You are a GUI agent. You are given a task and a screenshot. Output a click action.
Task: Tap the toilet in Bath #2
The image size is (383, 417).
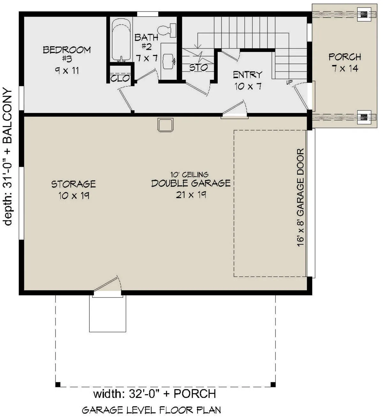coord(167,30)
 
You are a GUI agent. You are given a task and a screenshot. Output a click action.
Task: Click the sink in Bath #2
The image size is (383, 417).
coord(169,61)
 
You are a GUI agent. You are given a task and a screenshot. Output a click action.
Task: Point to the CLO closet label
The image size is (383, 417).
coord(120,78)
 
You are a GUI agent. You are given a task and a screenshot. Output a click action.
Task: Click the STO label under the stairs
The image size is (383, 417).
coord(199,68)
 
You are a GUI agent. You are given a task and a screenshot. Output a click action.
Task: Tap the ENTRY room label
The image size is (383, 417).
coord(248,75)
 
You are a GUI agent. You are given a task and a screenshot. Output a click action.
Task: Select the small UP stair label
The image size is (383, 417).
coord(289,82)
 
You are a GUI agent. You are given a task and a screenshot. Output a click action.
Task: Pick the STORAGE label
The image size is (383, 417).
coord(73,184)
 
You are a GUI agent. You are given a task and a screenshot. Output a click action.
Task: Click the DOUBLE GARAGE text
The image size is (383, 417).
coord(191,183)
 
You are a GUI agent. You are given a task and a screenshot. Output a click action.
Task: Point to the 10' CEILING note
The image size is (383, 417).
coord(189,175)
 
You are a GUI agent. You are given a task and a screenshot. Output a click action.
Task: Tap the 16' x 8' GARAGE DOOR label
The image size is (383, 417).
coord(300,197)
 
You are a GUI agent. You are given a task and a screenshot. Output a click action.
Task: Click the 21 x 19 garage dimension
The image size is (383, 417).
coord(191,195)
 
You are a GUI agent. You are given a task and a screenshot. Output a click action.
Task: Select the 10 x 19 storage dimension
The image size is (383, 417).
coord(74,196)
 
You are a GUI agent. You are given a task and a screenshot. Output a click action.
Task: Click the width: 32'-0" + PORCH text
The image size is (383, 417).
coord(154,393)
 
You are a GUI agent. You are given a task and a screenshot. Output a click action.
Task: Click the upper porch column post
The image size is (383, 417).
coord(364,14)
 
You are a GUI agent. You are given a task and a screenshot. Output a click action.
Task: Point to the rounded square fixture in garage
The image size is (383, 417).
coord(165,125)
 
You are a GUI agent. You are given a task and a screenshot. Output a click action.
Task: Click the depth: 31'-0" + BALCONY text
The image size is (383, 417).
coord(8,157)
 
